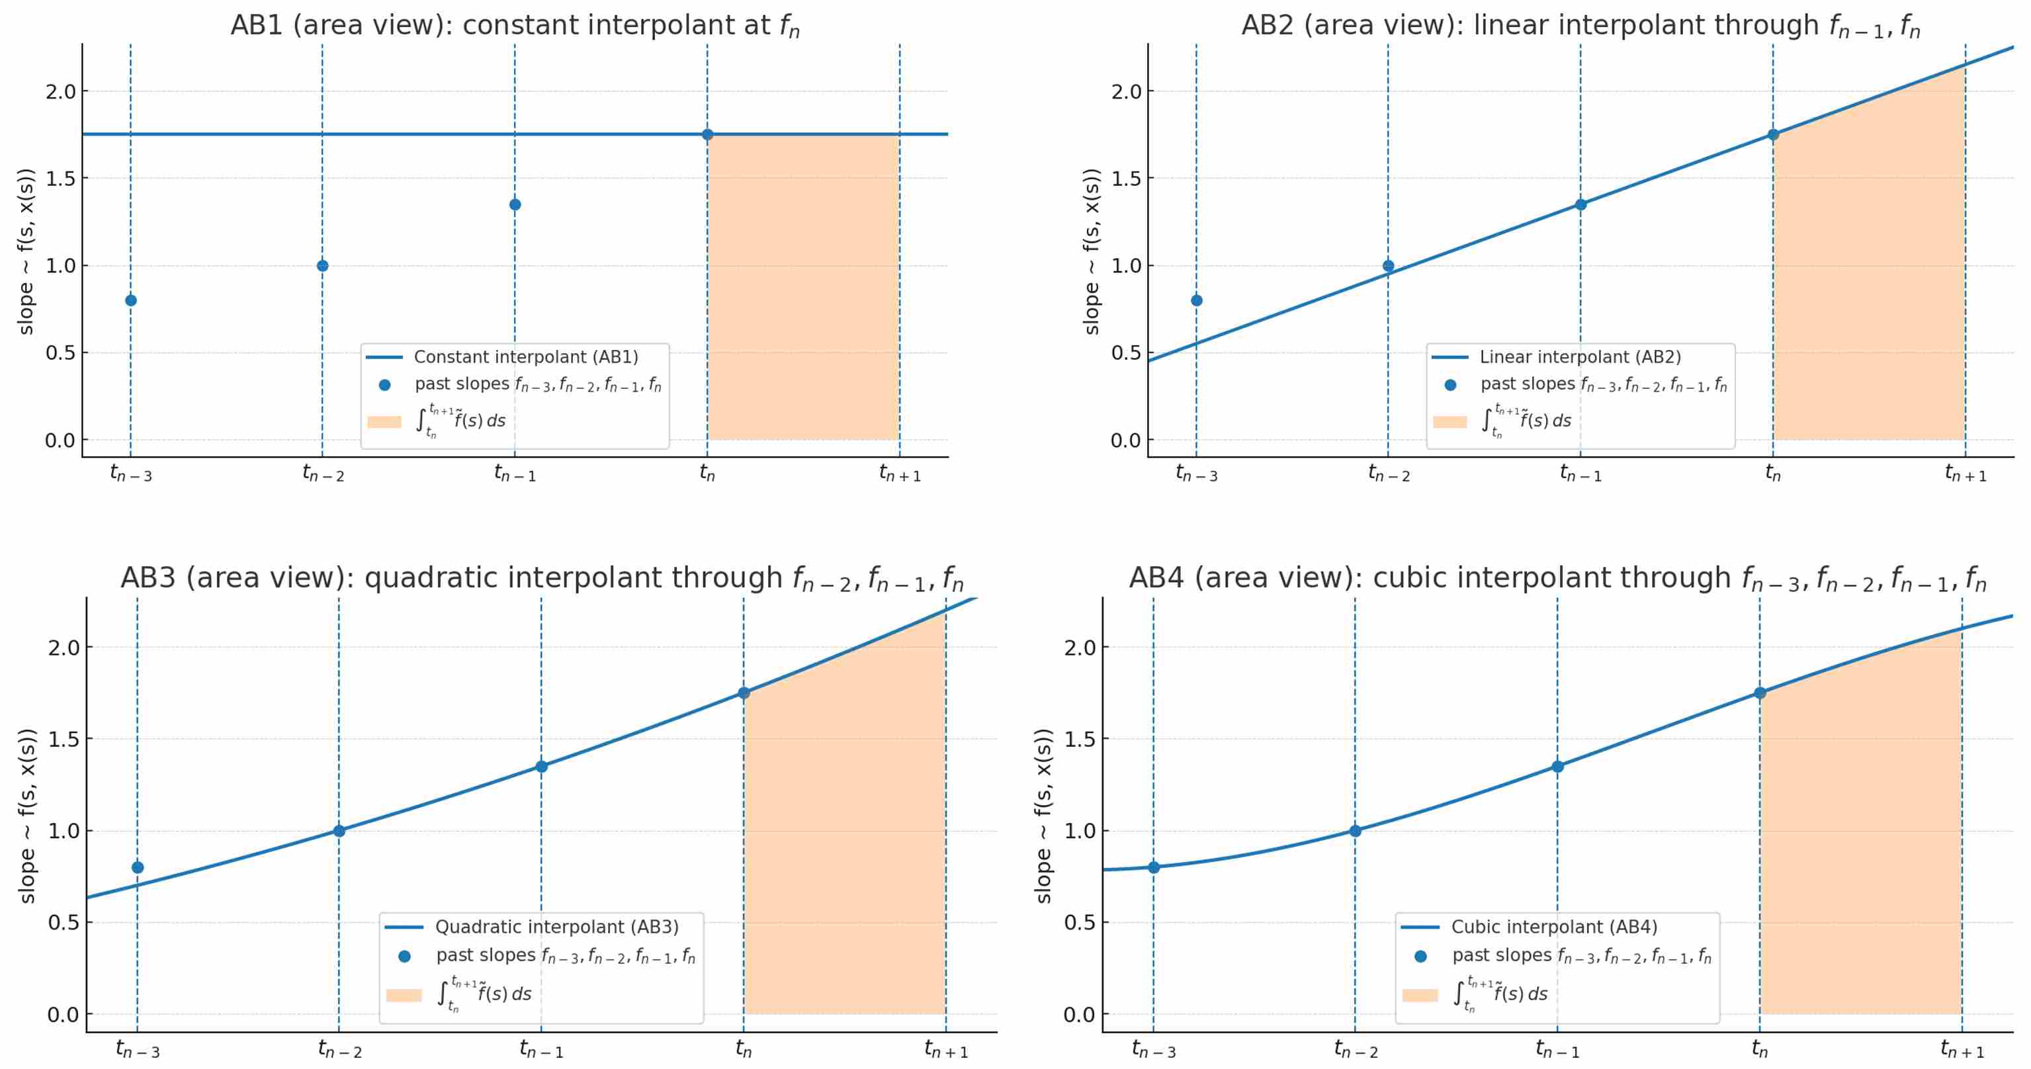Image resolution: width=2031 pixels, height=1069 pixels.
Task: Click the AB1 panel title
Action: click(x=515, y=26)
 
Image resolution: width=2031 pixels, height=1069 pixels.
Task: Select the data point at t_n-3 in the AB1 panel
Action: click(x=131, y=300)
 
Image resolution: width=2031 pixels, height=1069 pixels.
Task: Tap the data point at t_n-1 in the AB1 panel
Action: click(x=515, y=205)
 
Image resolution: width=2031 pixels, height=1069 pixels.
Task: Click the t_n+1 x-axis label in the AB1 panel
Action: click(x=900, y=474)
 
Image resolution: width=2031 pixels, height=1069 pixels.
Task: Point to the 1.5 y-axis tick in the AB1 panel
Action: click(x=61, y=179)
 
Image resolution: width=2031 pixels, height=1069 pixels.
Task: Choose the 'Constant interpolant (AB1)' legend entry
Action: click(x=525, y=357)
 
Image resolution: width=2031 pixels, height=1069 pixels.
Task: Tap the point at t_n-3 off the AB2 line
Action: click(x=1196, y=300)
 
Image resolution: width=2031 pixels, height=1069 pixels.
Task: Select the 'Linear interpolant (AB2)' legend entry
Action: click(x=1579, y=357)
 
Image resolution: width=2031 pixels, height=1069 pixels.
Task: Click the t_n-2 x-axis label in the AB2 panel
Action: click(x=1389, y=474)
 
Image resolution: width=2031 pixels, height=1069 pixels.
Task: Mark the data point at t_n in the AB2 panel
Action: click(x=1773, y=135)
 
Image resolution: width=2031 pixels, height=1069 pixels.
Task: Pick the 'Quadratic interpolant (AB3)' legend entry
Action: click(x=556, y=927)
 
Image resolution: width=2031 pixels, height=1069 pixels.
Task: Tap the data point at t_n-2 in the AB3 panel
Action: click(x=339, y=831)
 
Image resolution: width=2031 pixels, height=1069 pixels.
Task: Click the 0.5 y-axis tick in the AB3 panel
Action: click(x=63, y=922)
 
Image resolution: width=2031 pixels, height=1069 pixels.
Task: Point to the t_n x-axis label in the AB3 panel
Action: click(x=744, y=1049)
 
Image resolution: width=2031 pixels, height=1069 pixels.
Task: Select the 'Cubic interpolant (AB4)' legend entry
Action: click(x=1553, y=927)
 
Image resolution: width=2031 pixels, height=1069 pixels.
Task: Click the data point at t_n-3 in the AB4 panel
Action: click(x=1154, y=867)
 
